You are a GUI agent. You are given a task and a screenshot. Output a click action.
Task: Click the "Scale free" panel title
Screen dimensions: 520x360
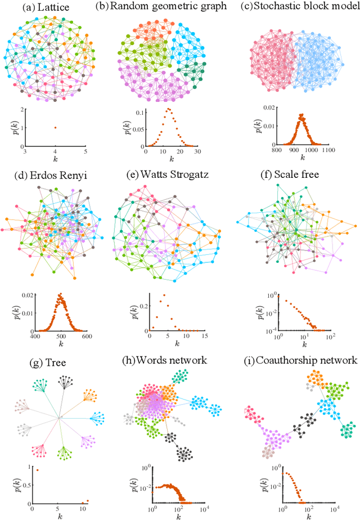coord(301,174)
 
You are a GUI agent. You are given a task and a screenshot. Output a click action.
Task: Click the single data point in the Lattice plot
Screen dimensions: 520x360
coord(55,127)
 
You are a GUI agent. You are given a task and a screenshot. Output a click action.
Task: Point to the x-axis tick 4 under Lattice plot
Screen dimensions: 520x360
coord(55,151)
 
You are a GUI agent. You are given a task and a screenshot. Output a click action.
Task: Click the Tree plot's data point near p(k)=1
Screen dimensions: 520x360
coord(37,469)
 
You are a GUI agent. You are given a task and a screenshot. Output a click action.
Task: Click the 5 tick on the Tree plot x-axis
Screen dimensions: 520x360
coord(59,508)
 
